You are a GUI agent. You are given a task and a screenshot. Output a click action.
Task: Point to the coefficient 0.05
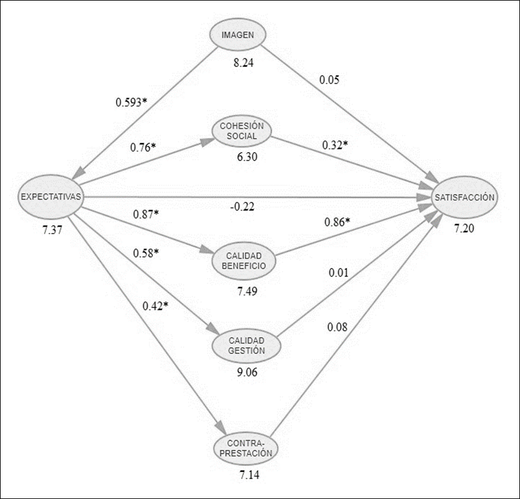tap(330, 80)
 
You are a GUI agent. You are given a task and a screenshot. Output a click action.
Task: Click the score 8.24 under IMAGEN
tap(247, 63)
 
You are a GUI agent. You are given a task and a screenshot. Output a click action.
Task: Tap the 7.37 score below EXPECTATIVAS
tap(51, 229)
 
